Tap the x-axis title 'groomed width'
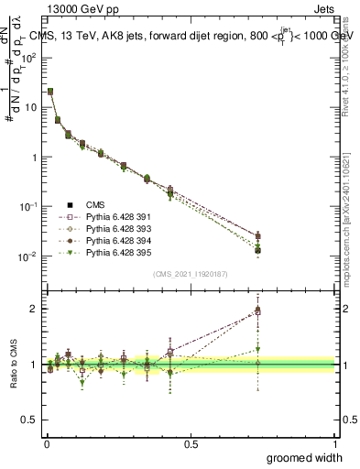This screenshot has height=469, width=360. pyautogui.click(x=300, y=456)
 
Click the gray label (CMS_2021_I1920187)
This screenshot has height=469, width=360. pyautogui.click(x=190, y=272)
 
